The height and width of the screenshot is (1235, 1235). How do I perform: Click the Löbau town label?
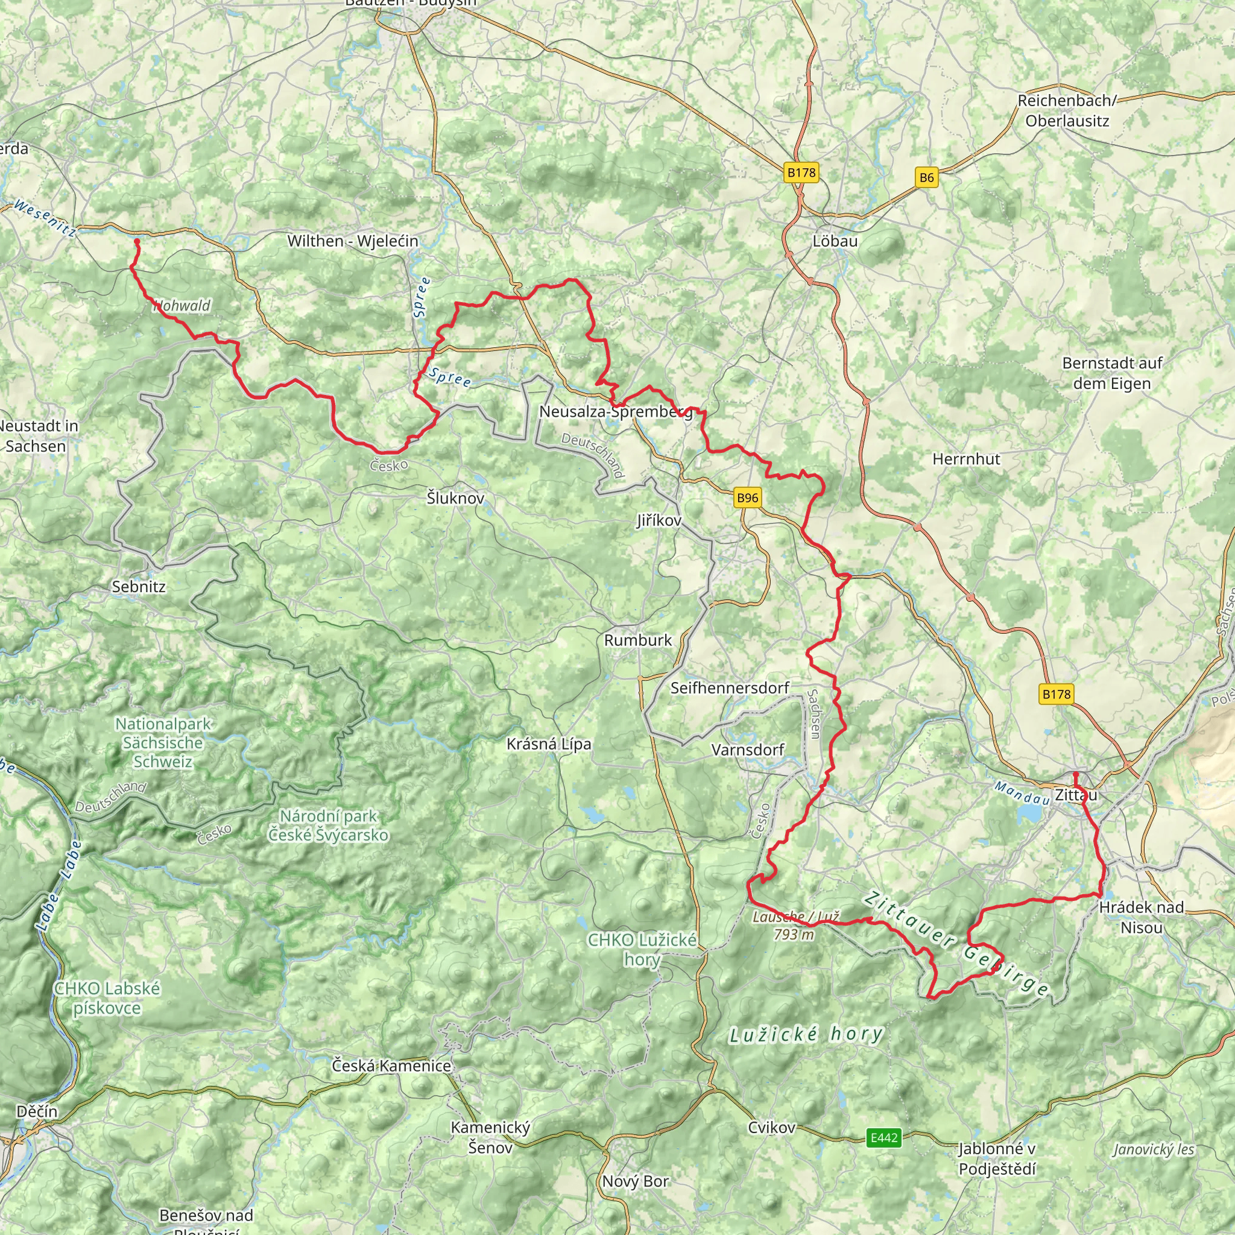coord(835,242)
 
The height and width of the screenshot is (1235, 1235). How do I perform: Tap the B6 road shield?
coord(926,178)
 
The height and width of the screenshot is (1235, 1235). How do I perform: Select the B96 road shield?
coord(747,498)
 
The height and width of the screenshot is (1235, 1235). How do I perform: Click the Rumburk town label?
coord(638,640)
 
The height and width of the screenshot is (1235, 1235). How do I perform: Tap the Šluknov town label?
coord(455,498)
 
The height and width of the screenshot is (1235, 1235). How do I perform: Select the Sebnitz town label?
coord(139,587)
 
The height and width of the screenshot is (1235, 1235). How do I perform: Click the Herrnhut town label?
coord(966,459)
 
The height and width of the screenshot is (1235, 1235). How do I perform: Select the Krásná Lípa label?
coord(549,744)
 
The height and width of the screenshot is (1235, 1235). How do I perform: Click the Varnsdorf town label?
coord(747,750)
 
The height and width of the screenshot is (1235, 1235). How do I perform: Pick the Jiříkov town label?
coord(659,521)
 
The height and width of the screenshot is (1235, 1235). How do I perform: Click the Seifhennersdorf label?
coord(730,689)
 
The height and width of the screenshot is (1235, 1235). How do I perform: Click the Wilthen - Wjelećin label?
coord(353,241)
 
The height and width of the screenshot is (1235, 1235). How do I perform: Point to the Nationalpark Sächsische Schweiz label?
coord(162,743)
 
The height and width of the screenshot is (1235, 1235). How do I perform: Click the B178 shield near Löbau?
coord(801,172)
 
